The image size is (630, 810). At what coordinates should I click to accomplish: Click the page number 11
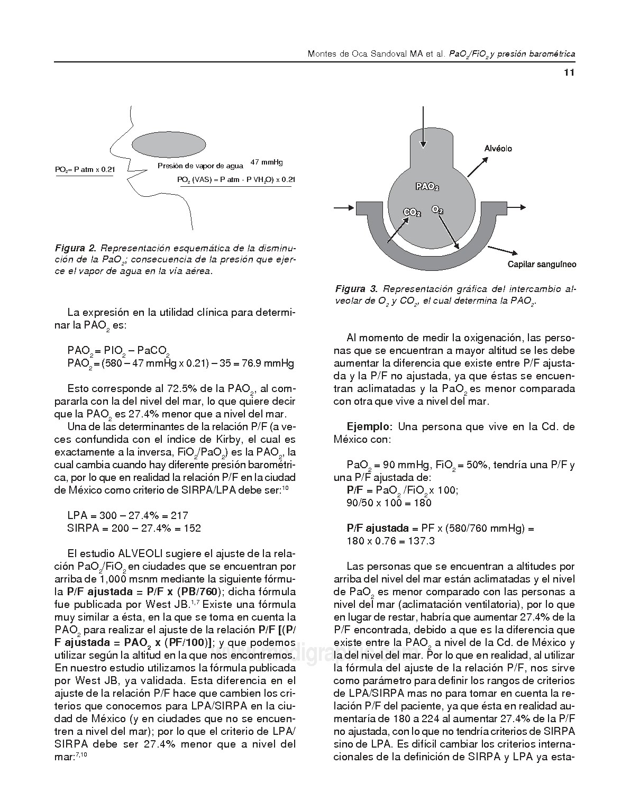coord(569,74)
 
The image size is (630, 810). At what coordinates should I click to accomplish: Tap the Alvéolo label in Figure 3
coord(498,149)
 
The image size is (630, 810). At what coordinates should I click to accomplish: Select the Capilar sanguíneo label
coord(542,265)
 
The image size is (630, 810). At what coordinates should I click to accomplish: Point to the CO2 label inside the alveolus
coord(412,212)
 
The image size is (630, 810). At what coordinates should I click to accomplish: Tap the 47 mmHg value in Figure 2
coord(267,162)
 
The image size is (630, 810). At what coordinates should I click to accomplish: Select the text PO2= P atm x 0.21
coord(85,169)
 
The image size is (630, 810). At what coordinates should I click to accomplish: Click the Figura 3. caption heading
coord(357,289)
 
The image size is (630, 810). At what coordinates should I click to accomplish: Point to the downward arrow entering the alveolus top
coord(423,127)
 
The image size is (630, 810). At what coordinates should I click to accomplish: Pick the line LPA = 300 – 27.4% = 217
coord(127,515)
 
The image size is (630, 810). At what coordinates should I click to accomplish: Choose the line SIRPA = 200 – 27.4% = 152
coord(134,528)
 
